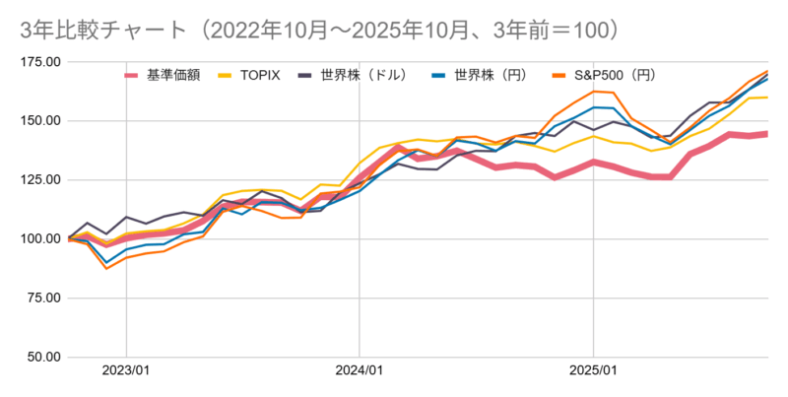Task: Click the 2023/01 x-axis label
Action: click(126, 371)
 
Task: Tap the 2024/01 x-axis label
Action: click(360, 371)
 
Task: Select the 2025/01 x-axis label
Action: click(593, 371)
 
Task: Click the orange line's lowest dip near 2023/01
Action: click(106, 268)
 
